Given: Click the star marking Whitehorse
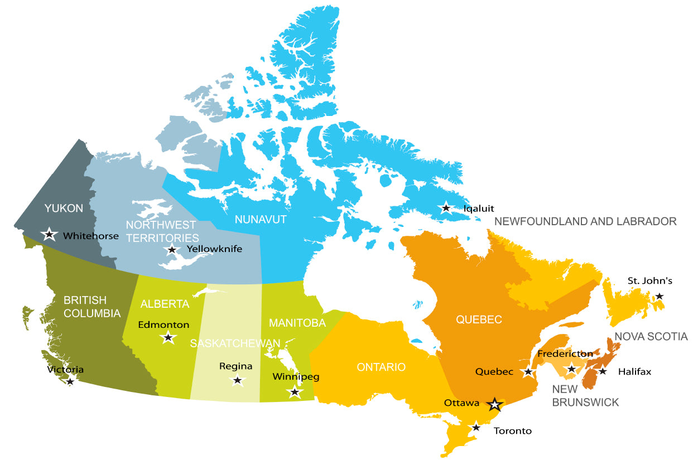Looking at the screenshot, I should click(50, 234).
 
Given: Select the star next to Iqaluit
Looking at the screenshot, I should click(446, 208).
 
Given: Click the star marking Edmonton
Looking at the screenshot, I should click(168, 337).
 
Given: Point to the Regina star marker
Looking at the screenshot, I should click(238, 381).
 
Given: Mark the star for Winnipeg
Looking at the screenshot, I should click(295, 391).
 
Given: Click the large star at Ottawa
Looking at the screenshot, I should click(494, 404).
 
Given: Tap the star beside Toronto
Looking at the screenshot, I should click(475, 427).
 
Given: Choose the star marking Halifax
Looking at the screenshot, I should click(603, 371).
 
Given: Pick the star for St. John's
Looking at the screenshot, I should click(660, 296).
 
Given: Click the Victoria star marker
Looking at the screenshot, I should click(70, 381).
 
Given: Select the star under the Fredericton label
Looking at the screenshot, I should click(571, 368).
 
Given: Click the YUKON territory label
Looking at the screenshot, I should click(64, 209).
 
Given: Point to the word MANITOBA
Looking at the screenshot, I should click(297, 323).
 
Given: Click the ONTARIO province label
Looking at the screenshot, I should click(381, 367).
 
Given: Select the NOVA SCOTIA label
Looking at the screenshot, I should click(651, 336).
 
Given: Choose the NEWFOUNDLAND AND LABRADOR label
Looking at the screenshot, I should click(585, 221).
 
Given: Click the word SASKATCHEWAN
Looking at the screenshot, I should click(235, 343).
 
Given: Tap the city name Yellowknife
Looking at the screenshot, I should click(214, 249).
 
